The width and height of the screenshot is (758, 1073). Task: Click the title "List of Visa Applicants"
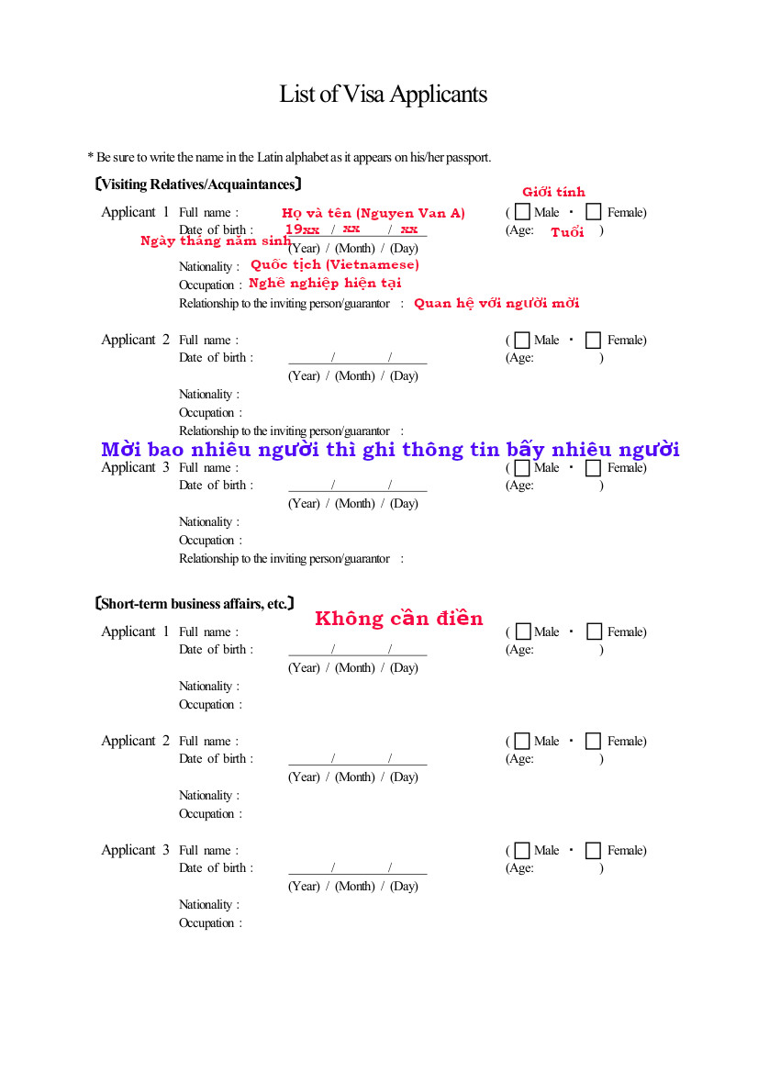tap(383, 95)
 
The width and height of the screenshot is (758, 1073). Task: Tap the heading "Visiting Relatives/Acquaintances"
tap(198, 184)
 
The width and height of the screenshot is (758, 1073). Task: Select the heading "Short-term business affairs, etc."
tap(195, 604)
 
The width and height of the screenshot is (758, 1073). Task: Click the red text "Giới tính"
tap(553, 192)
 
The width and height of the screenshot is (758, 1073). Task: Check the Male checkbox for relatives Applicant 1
tap(522, 212)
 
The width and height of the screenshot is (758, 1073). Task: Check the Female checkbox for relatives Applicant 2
tap(594, 341)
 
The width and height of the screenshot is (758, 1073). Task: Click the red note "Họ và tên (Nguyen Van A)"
tap(373, 213)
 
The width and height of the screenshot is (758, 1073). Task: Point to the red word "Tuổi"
tap(567, 232)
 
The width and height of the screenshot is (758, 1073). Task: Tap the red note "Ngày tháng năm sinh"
tap(216, 241)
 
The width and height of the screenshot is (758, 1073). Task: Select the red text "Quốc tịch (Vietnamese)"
tap(334, 264)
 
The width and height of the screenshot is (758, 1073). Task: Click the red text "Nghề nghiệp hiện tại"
tap(325, 283)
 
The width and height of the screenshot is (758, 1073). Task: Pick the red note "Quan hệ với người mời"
tap(496, 303)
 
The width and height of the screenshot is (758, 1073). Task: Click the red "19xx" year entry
tap(302, 229)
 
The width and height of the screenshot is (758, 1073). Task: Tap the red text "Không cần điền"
tap(398, 619)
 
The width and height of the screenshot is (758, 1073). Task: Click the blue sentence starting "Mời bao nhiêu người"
tap(390, 450)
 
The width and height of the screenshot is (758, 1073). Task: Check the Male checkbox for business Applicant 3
tap(522, 851)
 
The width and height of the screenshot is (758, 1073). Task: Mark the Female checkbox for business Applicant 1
tap(594, 632)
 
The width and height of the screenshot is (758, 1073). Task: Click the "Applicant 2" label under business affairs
tap(135, 741)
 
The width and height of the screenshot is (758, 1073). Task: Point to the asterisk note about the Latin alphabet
tap(289, 157)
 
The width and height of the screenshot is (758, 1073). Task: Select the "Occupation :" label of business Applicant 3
tap(210, 923)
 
